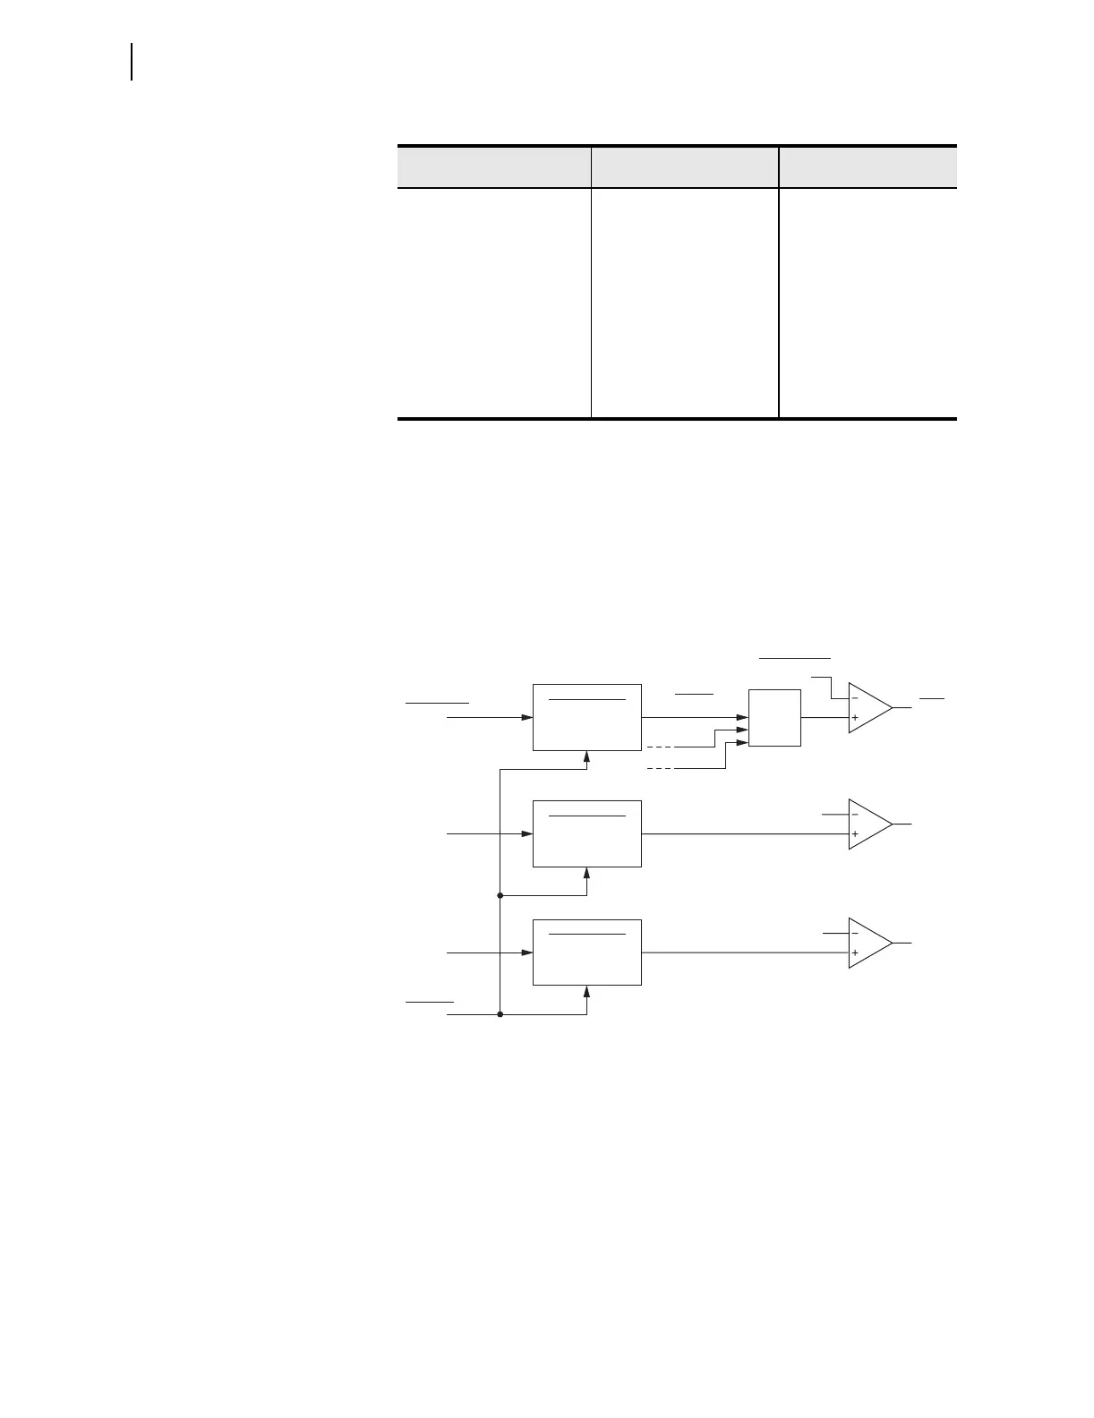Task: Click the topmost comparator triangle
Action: coord(868,707)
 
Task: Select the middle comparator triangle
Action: coord(868,824)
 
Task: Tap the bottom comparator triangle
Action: coord(868,943)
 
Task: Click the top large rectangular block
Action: coord(586,717)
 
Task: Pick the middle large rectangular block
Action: coord(586,833)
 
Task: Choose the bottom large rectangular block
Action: coord(586,952)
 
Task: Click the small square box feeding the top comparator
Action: coord(774,717)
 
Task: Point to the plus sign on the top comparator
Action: coord(855,718)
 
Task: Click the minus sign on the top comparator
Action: coord(855,697)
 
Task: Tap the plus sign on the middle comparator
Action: coord(855,834)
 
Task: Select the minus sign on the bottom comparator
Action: coord(855,933)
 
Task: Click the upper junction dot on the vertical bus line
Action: coord(500,895)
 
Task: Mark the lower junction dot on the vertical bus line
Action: coord(500,1014)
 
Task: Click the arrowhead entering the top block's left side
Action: coord(527,717)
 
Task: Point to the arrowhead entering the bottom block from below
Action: coord(586,991)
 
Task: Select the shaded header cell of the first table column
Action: coord(493,167)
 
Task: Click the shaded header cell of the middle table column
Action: coord(684,167)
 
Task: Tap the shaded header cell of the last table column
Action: coord(868,167)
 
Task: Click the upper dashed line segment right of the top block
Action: coord(660,747)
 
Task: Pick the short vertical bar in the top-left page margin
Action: coord(132,61)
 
